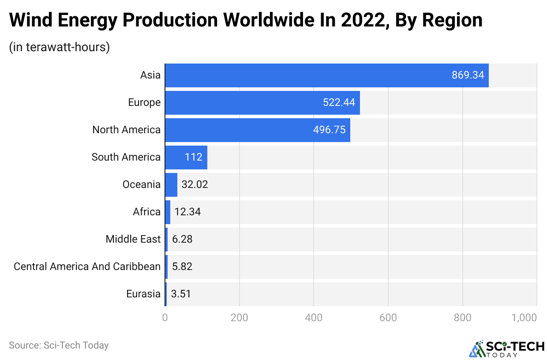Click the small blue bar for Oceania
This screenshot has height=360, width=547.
coord(171,184)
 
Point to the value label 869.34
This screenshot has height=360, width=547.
coord(468,75)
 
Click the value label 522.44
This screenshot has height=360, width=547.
coord(339,102)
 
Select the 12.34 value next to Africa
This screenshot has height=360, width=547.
coord(187,212)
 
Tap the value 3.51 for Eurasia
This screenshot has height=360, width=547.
coord(181,294)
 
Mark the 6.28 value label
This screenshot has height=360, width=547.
coord(182,239)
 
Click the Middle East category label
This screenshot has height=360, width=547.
coord(133,239)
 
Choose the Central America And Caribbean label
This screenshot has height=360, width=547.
coord(87,266)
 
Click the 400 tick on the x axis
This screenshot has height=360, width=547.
coord(314,317)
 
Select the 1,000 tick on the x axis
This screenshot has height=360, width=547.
coord(525,317)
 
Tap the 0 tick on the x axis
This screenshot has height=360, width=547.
coord(165,317)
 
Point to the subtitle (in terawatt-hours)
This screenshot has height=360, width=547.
coord(59,47)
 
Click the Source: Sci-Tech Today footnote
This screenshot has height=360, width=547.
coord(59,345)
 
